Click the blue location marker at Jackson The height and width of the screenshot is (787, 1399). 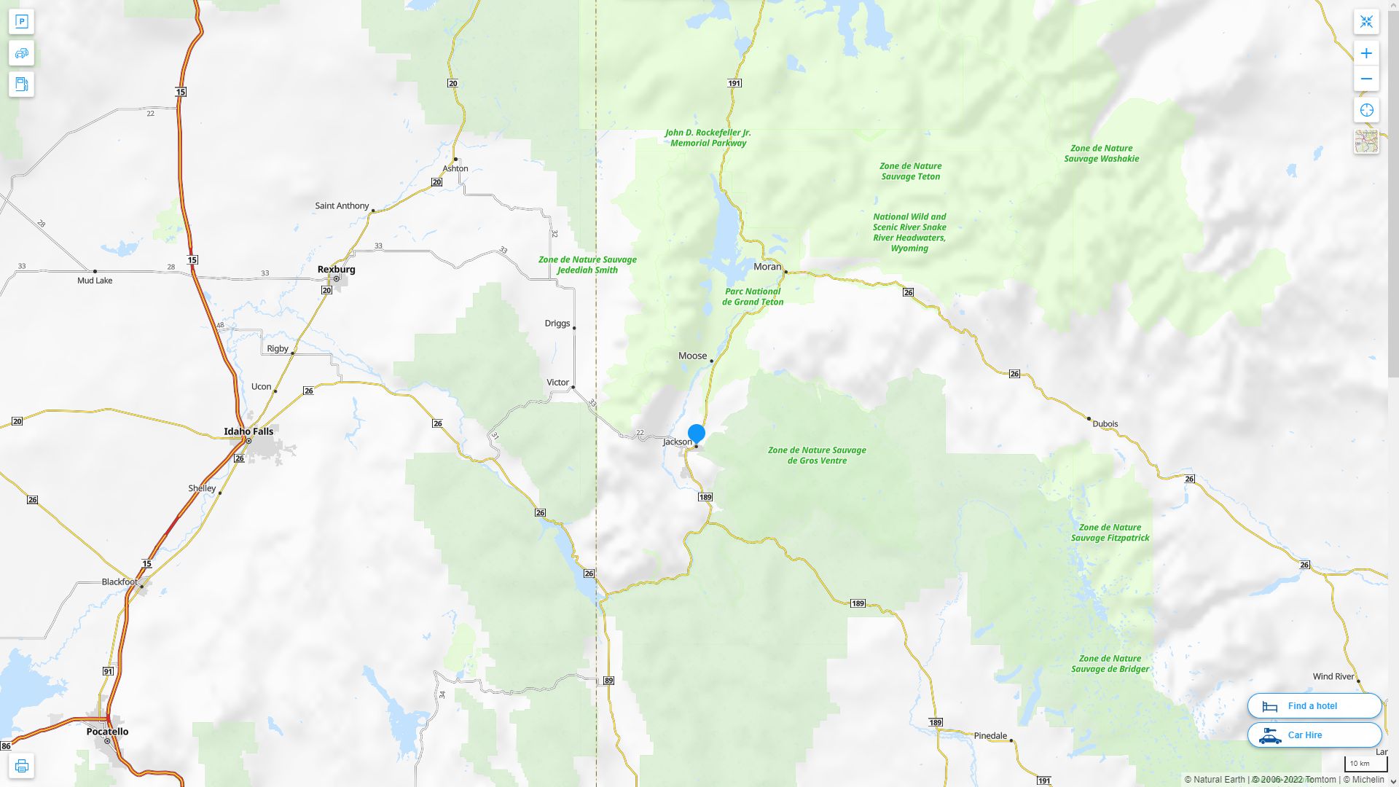tap(697, 434)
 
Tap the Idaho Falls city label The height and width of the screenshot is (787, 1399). tap(248, 431)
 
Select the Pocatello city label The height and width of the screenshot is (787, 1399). tap(107, 732)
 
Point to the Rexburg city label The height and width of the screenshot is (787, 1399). tap(337, 270)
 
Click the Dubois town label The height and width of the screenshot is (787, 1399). tap(1105, 424)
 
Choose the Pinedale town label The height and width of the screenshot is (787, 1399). tap(990, 736)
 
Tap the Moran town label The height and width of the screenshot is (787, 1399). tap(767, 267)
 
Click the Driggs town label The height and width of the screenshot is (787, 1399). tap(557, 324)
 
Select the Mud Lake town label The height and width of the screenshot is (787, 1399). tap(95, 281)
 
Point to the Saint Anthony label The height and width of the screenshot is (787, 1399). tap(342, 206)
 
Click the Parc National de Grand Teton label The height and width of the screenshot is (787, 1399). tap(753, 297)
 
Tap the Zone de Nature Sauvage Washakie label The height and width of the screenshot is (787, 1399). tap(1101, 154)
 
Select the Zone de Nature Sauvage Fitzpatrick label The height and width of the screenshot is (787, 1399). tap(1110, 533)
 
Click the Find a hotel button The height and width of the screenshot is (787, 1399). tap(1314, 706)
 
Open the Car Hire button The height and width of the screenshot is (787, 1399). tap(1314, 735)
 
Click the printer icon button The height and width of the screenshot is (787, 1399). tap(21, 766)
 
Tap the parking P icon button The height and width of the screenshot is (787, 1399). tap(21, 22)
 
